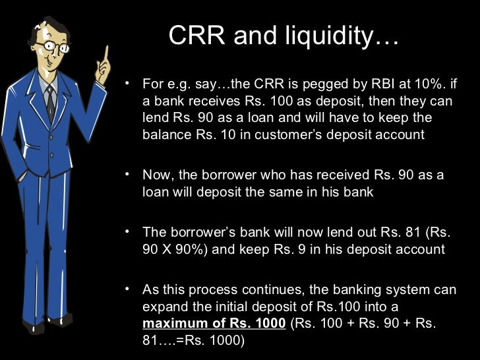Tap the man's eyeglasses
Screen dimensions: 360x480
coord(53,47)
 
